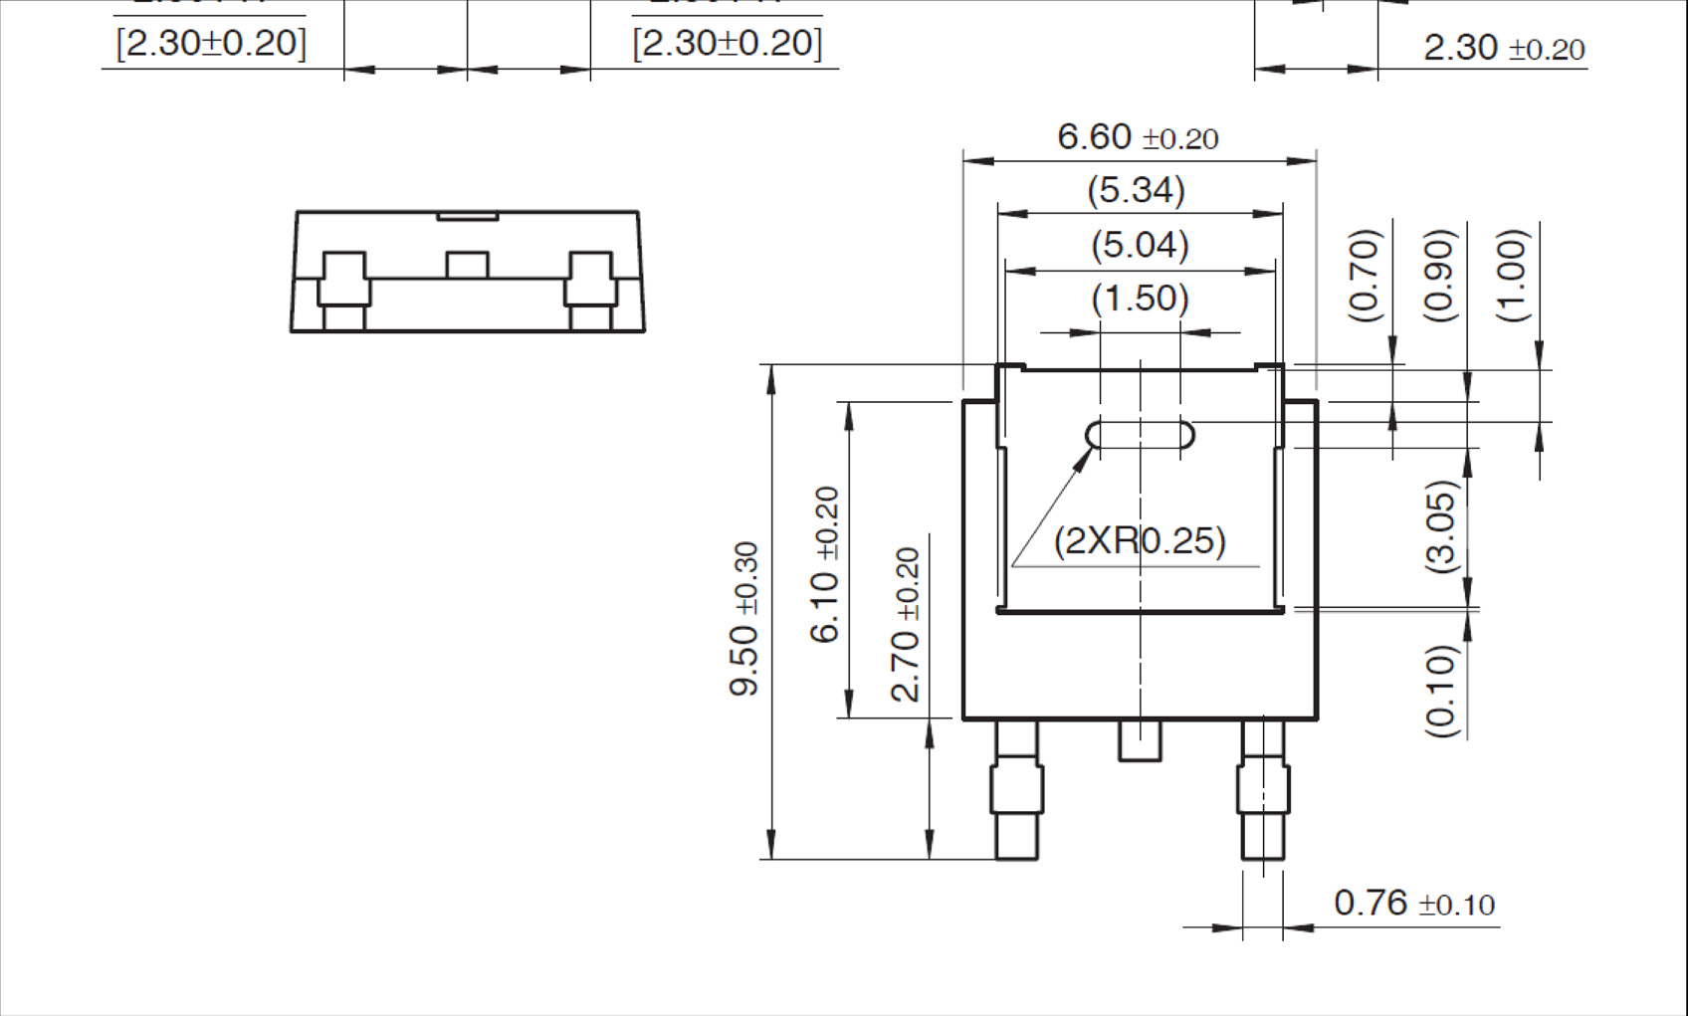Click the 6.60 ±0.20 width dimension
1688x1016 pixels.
coord(1137,137)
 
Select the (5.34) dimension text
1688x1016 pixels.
coord(1136,190)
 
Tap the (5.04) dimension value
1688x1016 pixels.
coord(1140,245)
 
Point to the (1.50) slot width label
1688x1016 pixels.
coord(1140,299)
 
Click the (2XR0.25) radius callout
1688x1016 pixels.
coord(1140,541)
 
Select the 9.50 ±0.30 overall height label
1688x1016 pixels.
coord(744,618)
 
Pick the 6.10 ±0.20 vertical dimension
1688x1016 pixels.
coord(825,564)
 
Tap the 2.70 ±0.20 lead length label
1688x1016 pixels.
coord(906,625)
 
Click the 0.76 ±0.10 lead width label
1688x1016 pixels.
coord(1413,904)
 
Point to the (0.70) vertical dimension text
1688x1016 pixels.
coord(1365,276)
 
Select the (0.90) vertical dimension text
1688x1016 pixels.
coord(1440,276)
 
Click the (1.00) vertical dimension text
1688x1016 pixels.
coord(1512,276)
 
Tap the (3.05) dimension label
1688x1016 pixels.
coord(1440,526)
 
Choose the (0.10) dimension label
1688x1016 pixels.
coord(1440,690)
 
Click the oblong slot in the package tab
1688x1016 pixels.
coord(1140,435)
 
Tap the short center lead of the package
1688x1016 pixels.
coord(1140,740)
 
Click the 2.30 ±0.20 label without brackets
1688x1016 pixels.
coord(1503,48)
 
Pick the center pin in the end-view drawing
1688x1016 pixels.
coord(467,265)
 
